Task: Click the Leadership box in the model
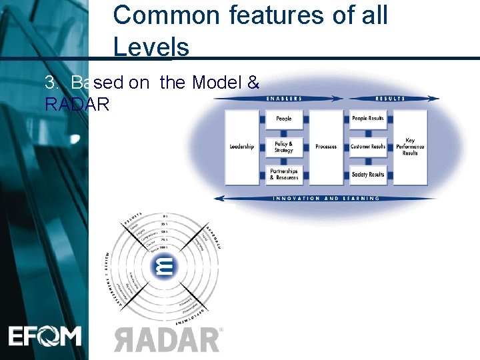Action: pyautogui.click(x=241, y=147)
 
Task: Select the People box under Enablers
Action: pyautogui.click(x=284, y=119)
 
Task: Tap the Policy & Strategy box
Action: pyautogui.click(x=284, y=147)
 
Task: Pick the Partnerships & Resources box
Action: pyautogui.click(x=284, y=175)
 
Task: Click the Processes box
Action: pyautogui.click(x=326, y=147)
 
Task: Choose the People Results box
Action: pyautogui.click(x=367, y=119)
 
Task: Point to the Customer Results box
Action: pyautogui.click(x=367, y=147)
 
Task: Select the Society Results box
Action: pyautogui.click(x=367, y=175)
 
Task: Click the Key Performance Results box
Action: pyautogui.click(x=410, y=147)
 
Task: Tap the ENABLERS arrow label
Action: pyautogui.click(x=284, y=99)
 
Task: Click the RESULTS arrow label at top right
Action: pyautogui.click(x=390, y=99)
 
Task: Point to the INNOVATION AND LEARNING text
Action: pyautogui.click(x=326, y=198)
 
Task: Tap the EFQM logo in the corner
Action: pyautogui.click(x=45, y=335)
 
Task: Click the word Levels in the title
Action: pyautogui.click(x=151, y=47)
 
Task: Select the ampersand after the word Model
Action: pyautogui.click(x=253, y=83)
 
